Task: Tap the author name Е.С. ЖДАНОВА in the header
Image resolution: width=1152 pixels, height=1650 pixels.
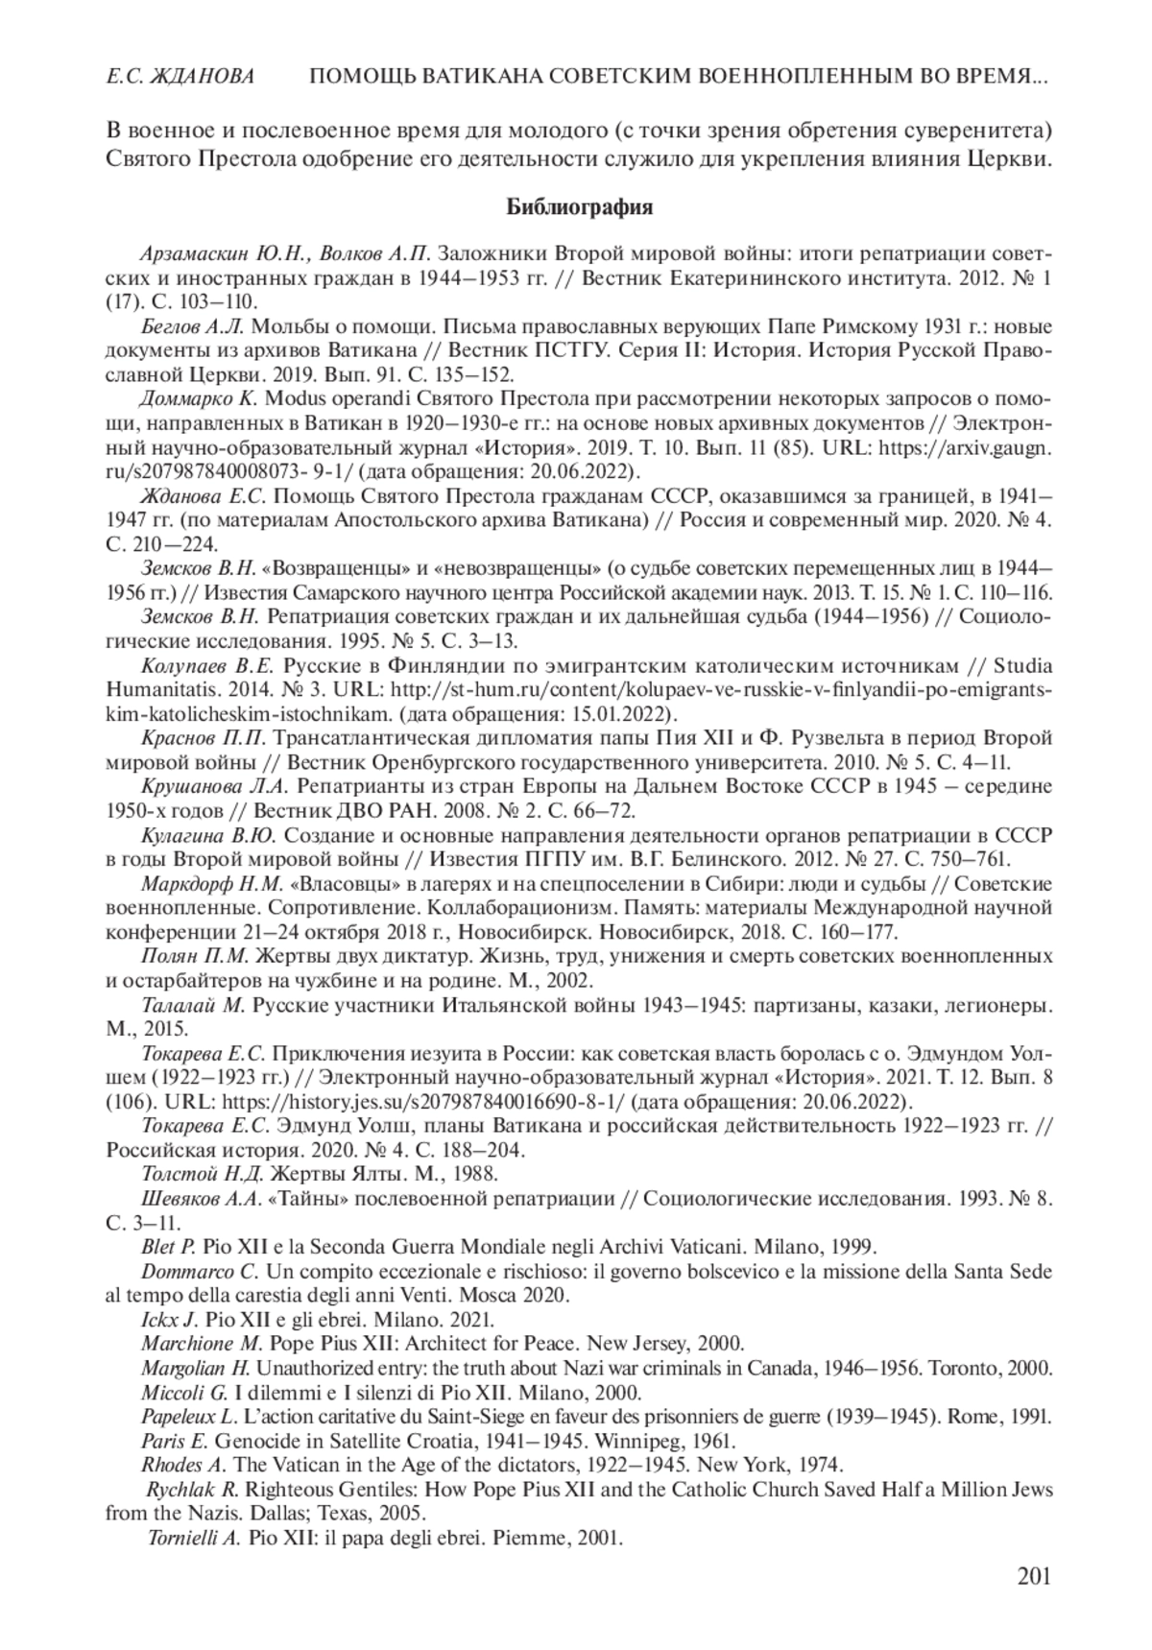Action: [x=180, y=76]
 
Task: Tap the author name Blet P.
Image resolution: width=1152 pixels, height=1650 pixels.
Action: [x=169, y=1247]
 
